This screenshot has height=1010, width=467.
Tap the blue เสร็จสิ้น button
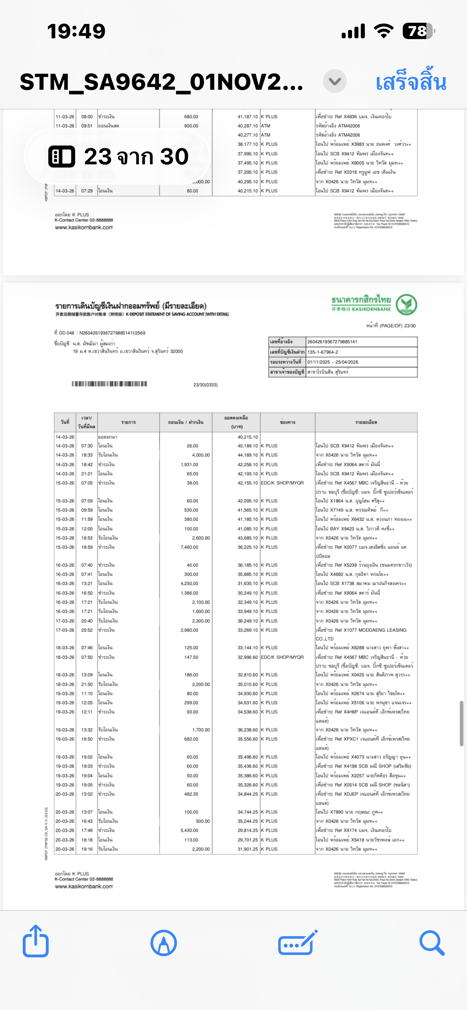point(411,82)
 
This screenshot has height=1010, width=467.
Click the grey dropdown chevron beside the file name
point(334,81)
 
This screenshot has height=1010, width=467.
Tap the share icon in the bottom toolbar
point(36,942)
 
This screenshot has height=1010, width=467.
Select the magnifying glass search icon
point(431,943)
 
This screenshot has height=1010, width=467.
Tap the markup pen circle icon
point(164,943)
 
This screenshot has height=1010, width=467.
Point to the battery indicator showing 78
point(418,31)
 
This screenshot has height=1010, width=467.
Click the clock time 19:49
point(76,31)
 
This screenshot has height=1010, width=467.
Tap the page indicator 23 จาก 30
point(119,156)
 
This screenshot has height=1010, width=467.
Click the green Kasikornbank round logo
point(406,305)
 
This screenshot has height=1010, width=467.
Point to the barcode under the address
point(109,384)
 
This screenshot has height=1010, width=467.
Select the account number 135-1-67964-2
point(323,352)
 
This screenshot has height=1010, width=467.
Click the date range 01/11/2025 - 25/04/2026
point(332,362)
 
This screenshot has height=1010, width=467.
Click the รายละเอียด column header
point(366,422)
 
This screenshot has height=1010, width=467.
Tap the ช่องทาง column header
point(287,422)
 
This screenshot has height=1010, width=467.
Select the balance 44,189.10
point(248,455)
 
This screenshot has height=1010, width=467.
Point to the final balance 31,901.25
point(248,849)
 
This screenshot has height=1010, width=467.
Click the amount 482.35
point(191,794)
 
